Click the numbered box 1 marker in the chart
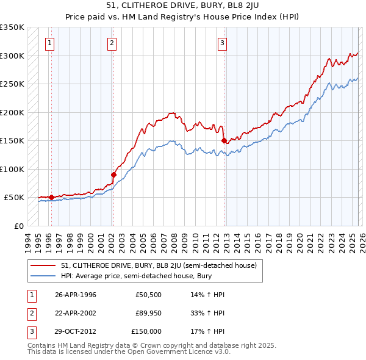pos(49,43)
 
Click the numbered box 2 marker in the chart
pos(113,43)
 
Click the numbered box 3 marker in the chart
pos(223,43)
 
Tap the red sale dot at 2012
pos(224,141)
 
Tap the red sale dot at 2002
pos(113,175)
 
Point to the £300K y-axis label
pos(12,56)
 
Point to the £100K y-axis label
pos(12,169)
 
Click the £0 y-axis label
pos(18,226)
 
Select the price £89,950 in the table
pos(148,313)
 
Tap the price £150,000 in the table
pos(146,331)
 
